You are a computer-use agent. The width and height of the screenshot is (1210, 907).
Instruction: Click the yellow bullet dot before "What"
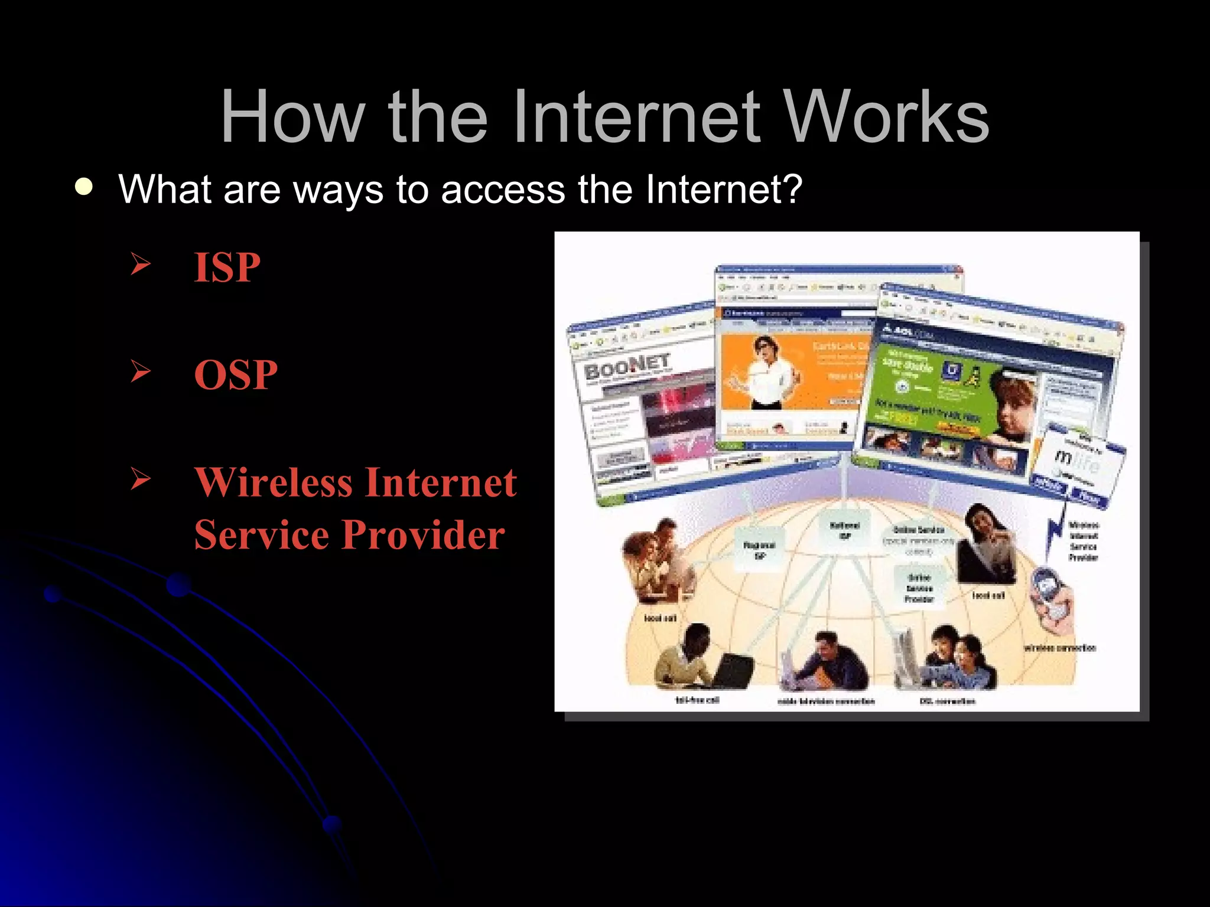pos(84,187)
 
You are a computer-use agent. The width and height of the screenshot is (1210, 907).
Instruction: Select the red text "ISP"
pos(227,267)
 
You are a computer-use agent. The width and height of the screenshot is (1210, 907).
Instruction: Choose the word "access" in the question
pos(503,190)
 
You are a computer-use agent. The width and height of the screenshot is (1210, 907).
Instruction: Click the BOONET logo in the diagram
pos(627,368)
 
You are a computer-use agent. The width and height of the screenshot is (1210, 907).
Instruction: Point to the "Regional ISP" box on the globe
pos(759,550)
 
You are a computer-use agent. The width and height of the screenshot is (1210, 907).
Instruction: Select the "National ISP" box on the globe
pos(845,530)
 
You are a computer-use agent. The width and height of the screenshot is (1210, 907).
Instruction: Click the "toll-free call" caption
pos(697,700)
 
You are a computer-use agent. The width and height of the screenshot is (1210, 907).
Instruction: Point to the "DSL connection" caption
pos(947,701)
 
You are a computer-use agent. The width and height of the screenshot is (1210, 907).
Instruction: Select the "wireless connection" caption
pos(1059,648)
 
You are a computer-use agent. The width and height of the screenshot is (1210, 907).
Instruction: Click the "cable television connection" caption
pos(825,702)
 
